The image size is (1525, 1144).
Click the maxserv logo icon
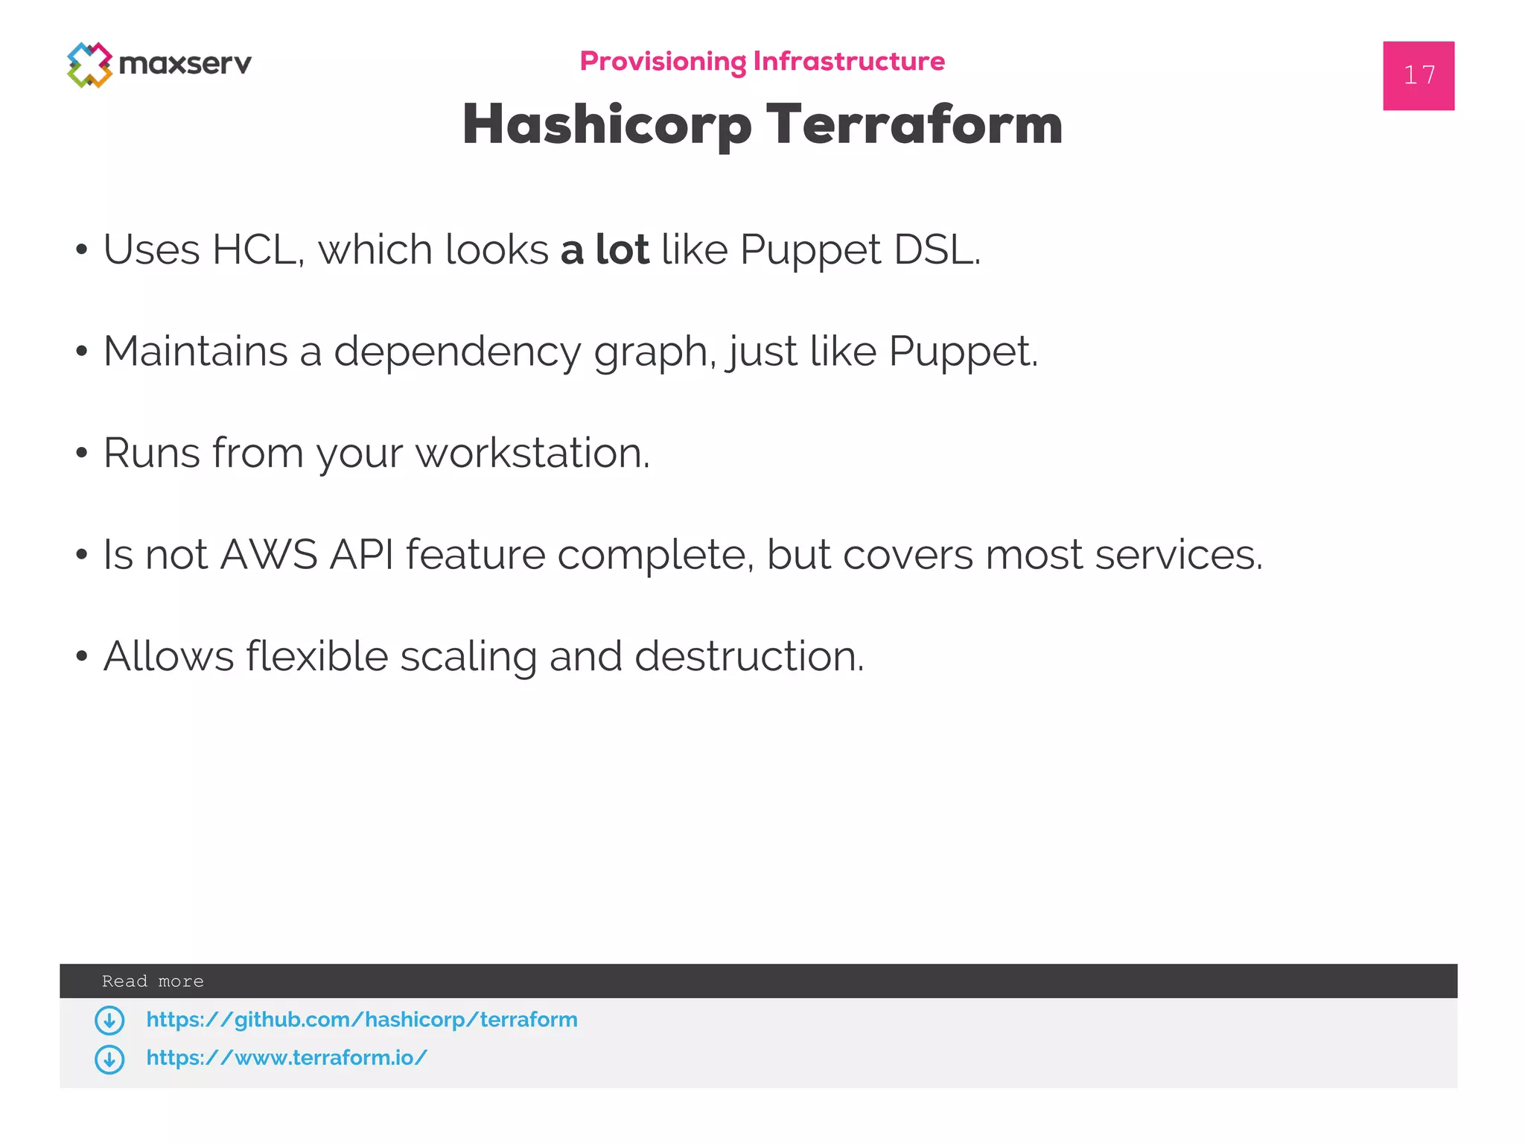(89, 65)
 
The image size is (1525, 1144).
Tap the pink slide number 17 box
(1418, 75)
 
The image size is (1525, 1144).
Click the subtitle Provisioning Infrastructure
(762, 61)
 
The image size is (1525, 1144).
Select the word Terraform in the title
(914, 124)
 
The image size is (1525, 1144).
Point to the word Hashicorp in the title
(607, 124)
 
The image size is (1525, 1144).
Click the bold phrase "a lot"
(605, 249)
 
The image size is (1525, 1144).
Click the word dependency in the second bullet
(456, 352)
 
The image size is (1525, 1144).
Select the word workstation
(532, 453)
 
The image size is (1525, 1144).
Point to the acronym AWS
(269, 555)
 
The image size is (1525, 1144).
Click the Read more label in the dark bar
(153, 981)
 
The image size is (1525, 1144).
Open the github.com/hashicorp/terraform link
(362, 1020)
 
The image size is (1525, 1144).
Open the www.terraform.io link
(287, 1058)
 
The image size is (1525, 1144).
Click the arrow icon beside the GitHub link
(109, 1020)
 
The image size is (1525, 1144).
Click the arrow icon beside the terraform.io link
(109, 1059)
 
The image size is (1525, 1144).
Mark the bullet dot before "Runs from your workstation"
(82, 453)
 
